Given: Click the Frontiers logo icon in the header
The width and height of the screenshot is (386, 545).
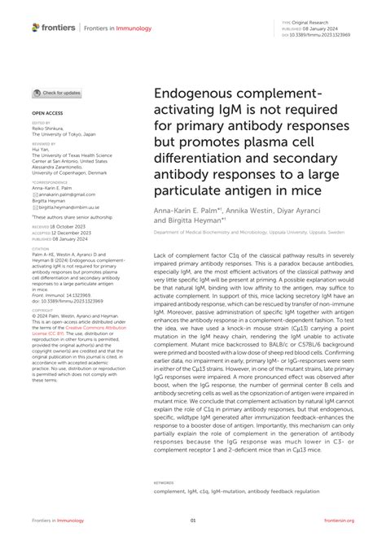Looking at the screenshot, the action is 36,27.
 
